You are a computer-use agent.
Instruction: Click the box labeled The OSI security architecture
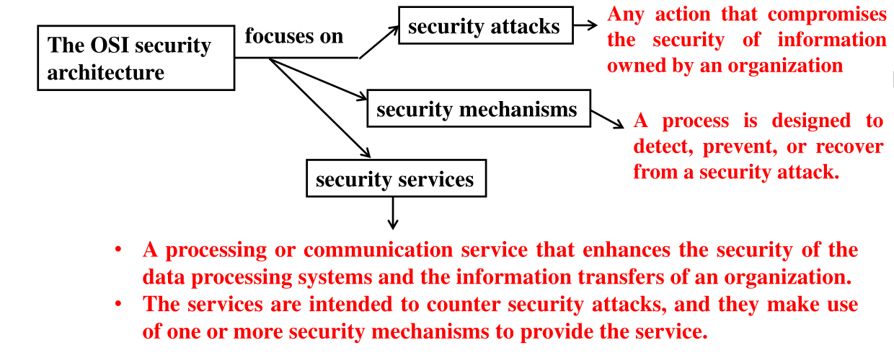(136, 58)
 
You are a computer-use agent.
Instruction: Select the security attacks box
(485, 27)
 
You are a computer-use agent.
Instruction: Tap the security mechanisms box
(477, 110)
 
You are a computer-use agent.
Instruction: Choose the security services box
(396, 178)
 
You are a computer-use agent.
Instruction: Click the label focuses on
(293, 36)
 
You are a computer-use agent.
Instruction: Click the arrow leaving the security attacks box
(586, 26)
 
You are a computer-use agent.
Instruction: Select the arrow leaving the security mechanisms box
(608, 120)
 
